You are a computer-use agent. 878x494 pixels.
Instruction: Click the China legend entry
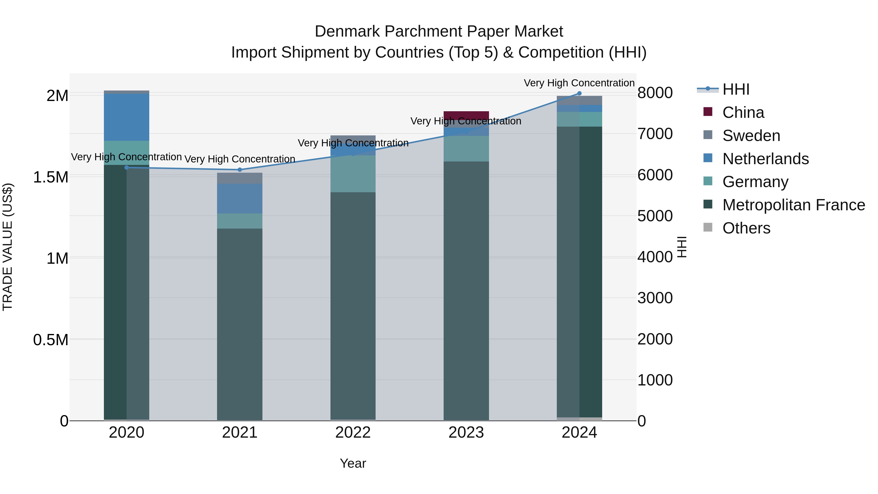(x=743, y=112)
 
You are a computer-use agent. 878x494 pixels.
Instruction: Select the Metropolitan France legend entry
(x=793, y=205)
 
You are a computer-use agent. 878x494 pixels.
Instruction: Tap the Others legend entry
(x=746, y=228)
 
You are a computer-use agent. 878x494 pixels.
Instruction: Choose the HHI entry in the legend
(x=736, y=89)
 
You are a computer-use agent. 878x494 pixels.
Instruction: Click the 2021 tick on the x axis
(x=239, y=433)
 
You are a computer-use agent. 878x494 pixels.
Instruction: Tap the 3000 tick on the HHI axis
(x=655, y=298)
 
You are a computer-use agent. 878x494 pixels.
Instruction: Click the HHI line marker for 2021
(x=239, y=170)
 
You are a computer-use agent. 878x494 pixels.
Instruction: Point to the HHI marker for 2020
(x=126, y=167)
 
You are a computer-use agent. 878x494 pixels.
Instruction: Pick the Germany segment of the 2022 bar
(x=353, y=174)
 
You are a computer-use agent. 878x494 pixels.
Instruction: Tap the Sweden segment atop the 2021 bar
(x=239, y=178)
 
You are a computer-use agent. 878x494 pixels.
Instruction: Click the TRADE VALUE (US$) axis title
(x=8, y=247)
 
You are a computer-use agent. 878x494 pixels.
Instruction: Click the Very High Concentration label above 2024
(x=579, y=83)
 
